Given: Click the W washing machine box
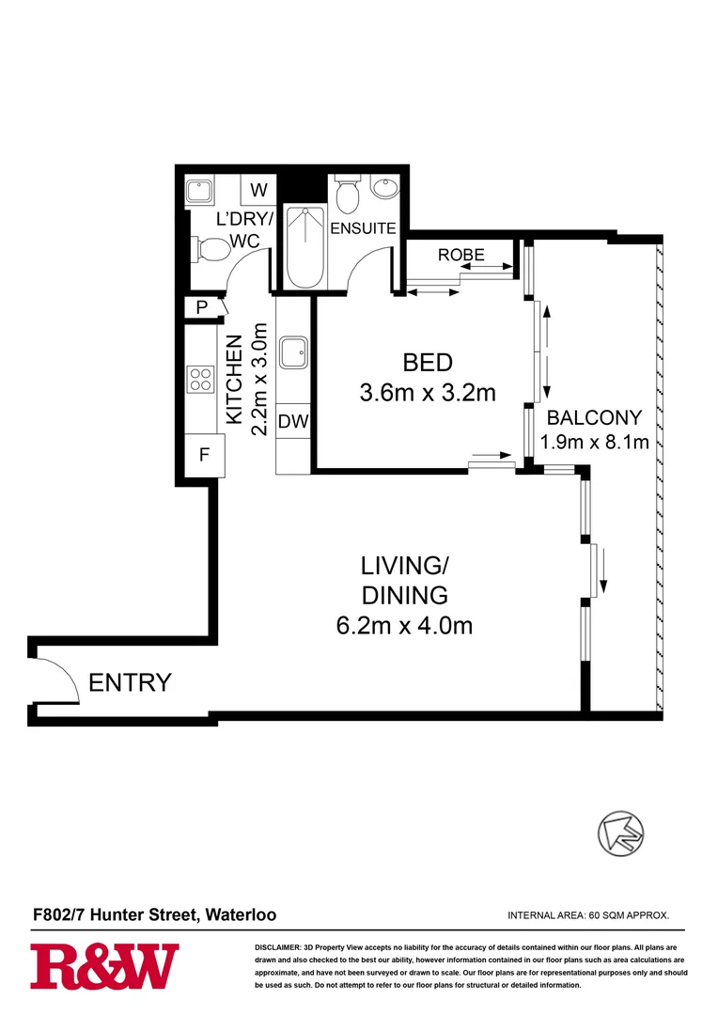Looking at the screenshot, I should tap(258, 191).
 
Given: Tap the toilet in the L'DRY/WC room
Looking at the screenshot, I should tap(210, 250).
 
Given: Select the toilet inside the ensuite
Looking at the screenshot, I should tap(347, 195).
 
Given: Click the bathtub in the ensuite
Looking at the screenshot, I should tap(304, 246).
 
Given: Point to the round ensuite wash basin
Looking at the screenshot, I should tap(385, 190).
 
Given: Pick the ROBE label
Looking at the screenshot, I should tap(461, 254).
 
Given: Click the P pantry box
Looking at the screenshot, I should tap(201, 308).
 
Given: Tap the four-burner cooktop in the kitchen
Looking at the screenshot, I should tap(201, 378).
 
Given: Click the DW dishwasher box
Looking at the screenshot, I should tap(293, 422).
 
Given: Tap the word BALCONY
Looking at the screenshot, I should tap(594, 418).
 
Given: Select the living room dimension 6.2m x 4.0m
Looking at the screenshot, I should tap(404, 623).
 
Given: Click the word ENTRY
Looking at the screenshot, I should tap(130, 682).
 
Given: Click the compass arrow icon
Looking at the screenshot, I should tap(622, 832).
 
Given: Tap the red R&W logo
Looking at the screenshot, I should tap(104, 968).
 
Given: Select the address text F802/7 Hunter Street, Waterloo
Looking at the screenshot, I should tap(155, 914).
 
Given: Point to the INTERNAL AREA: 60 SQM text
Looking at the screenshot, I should tap(587, 915).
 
